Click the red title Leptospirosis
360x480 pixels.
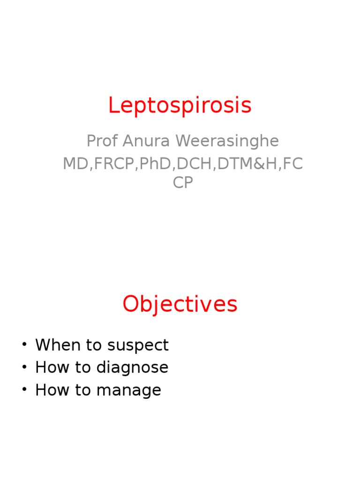[180, 106]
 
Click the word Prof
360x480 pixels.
[101, 141]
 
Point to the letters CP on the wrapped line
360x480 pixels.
[182, 182]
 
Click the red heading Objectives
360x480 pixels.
[180, 305]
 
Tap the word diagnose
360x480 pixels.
[132, 368]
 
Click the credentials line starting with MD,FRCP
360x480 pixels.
[183, 164]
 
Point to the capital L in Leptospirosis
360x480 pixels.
[113, 105]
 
